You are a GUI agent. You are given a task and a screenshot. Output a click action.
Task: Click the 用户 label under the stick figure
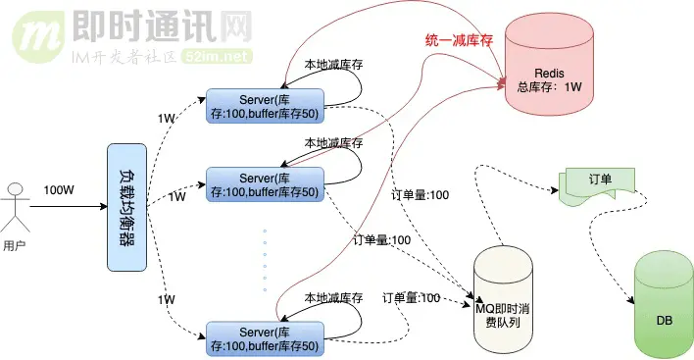[x=15, y=246]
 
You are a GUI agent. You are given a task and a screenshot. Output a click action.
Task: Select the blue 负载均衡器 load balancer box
[x=126, y=207]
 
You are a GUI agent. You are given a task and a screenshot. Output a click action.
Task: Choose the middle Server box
[x=263, y=183]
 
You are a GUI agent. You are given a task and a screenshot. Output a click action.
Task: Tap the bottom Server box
[x=263, y=334]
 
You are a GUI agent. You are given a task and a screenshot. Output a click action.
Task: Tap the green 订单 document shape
[x=599, y=184]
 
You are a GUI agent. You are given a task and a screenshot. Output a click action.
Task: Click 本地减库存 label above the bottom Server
[x=333, y=297]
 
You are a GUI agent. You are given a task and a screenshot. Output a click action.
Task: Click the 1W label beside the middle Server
[x=176, y=197]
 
